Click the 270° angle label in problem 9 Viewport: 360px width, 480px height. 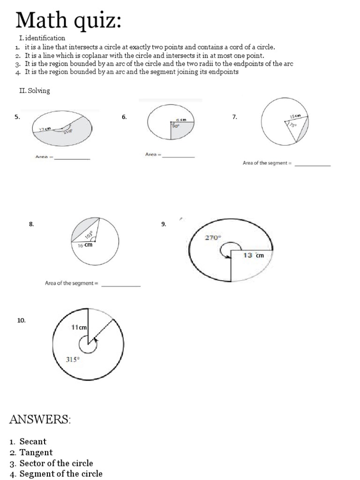click(212, 238)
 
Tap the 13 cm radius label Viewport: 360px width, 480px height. click(254, 255)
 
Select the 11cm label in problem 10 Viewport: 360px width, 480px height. click(79, 327)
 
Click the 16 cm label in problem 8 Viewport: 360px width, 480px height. click(85, 245)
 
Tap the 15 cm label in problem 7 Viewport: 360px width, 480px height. click(295, 116)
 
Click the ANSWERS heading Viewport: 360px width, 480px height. click(40, 420)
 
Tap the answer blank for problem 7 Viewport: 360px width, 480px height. click(313, 165)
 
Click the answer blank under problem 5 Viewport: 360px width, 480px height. click(72, 158)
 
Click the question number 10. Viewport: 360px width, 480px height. click(21, 320)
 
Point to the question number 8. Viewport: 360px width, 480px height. click(31, 225)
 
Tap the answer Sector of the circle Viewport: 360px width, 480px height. click(56, 463)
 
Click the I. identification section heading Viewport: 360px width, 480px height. click(42, 38)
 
